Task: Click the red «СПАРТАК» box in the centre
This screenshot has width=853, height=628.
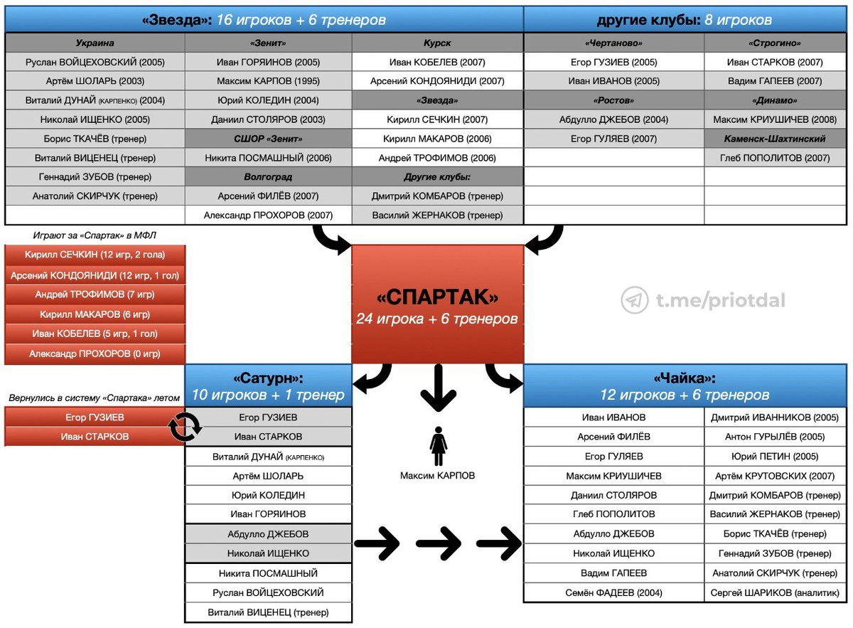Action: click(x=437, y=304)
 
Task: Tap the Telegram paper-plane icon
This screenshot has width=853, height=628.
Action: click(x=634, y=300)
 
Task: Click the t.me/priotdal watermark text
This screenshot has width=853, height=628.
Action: click(x=717, y=301)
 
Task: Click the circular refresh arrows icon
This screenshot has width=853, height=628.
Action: click(x=185, y=427)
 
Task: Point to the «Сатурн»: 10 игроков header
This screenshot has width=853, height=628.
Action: click(x=268, y=385)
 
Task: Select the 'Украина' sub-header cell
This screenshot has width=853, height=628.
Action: click(x=95, y=43)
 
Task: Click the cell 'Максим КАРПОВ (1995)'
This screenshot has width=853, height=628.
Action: click(x=268, y=81)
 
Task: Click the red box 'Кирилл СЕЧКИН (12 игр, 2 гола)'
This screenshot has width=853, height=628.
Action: click(x=95, y=255)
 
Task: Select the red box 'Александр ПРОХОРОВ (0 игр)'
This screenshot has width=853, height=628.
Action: click(x=95, y=353)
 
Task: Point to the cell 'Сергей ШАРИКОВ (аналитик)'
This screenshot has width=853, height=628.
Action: click(x=775, y=592)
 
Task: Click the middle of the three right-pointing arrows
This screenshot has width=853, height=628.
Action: click(x=437, y=545)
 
